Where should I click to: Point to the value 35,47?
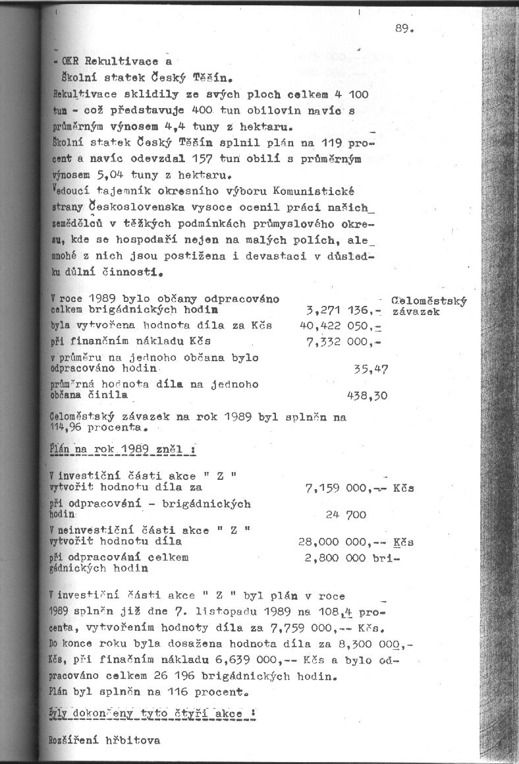370,370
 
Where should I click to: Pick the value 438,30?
367,396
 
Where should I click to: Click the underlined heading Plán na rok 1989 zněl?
121,450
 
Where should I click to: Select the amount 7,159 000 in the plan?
337,488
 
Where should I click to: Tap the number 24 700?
346,515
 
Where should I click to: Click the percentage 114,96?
68,426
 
